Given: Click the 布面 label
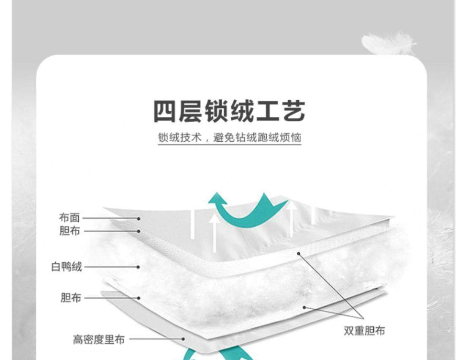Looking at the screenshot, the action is (x=69, y=218).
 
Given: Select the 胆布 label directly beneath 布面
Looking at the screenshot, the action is (x=69, y=231).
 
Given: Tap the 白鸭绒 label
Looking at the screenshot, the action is (x=66, y=267).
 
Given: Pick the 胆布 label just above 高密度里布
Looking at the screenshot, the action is (x=71, y=298).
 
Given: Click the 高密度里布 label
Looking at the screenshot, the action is (x=99, y=339).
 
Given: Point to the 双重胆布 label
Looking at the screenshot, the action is (x=364, y=331).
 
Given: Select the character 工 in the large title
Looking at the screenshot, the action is (x=267, y=112).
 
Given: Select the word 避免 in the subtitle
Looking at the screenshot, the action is (x=224, y=138).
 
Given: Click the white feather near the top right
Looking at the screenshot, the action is (x=386, y=43).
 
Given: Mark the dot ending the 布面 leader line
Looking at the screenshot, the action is (x=139, y=219).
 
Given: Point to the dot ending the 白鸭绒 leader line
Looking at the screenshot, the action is (x=138, y=267).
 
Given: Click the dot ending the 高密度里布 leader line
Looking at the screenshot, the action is (x=183, y=339).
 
